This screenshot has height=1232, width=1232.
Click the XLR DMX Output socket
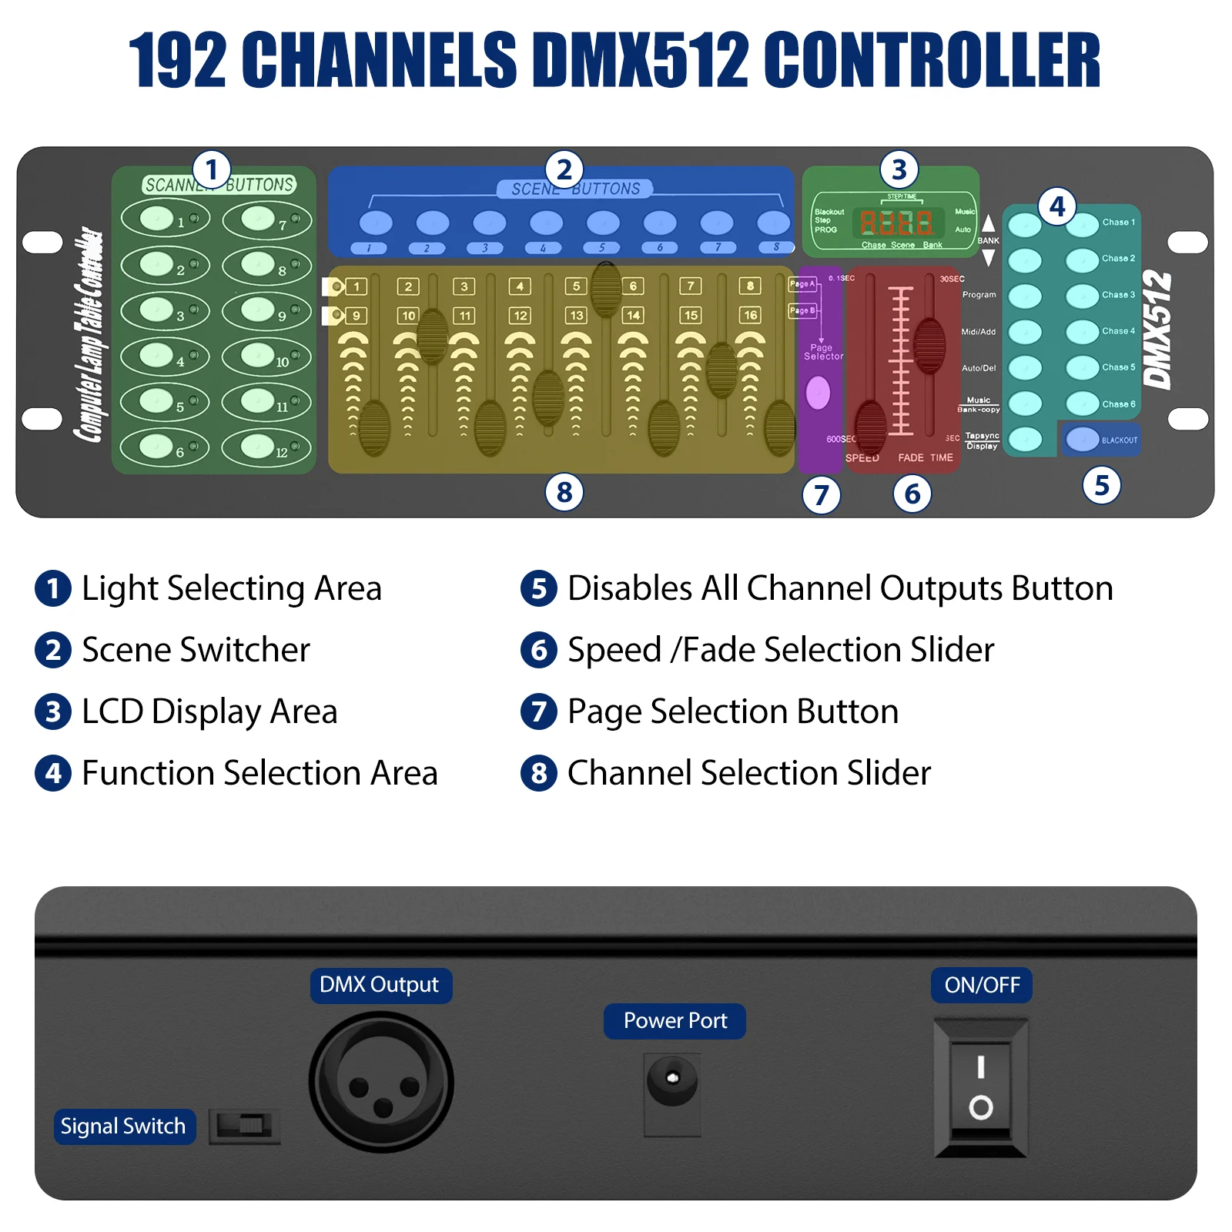point(381,1081)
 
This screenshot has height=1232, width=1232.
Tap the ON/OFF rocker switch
point(980,1087)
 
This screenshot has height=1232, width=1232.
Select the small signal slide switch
point(244,1126)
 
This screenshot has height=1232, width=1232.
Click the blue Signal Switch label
point(124,1126)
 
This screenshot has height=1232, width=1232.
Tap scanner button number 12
point(258,446)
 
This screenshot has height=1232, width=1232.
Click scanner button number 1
point(157,218)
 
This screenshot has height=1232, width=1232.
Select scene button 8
point(773,223)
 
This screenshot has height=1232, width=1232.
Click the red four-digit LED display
point(896,223)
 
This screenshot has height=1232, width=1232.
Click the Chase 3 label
point(1117,295)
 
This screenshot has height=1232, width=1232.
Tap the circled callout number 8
point(564,491)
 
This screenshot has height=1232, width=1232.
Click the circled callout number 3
point(899,169)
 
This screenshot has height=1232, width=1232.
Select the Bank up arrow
point(988,223)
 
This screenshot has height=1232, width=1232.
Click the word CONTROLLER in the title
point(931,60)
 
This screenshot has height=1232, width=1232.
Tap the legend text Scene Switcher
point(196,649)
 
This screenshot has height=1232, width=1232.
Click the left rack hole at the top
point(42,242)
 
